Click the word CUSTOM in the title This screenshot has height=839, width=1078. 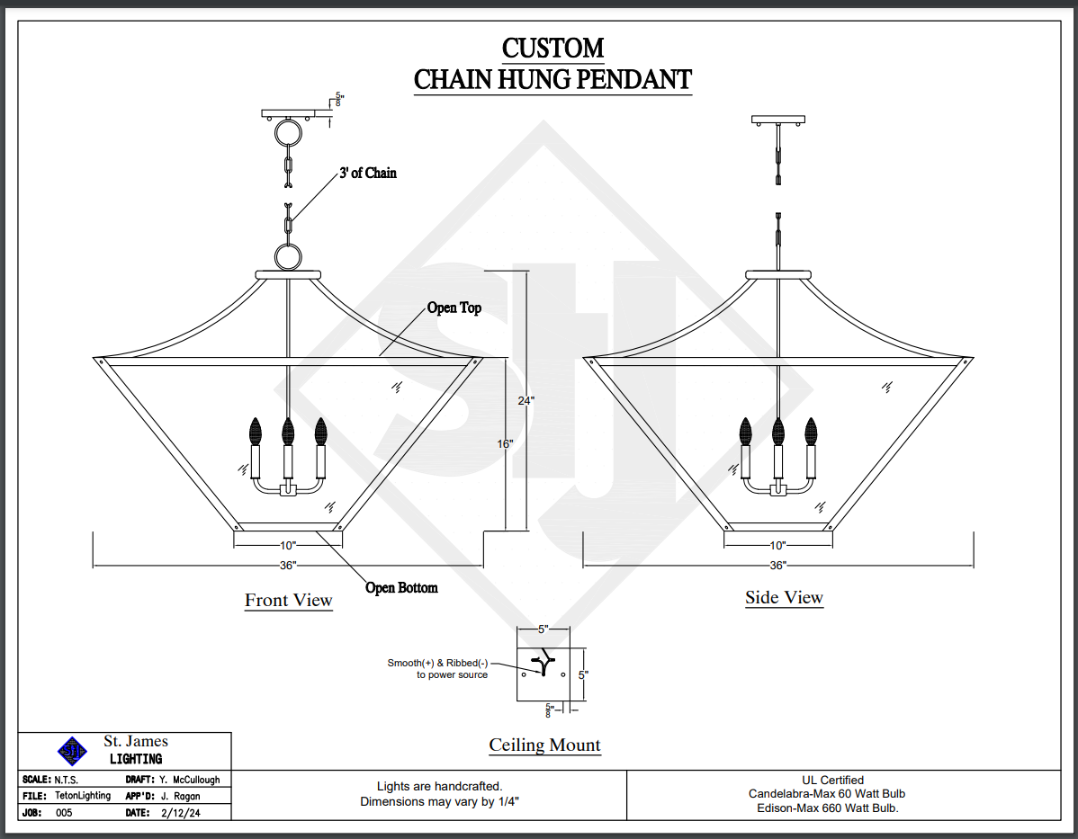pyautogui.click(x=552, y=48)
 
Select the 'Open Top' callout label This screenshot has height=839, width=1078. pyautogui.click(x=454, y=308)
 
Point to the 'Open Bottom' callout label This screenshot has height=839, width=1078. pyautogui.click(x=401, y=588)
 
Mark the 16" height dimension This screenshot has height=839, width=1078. pyautogui.click(x=504, y=444)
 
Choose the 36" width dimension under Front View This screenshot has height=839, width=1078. pyautogui.click(x=288, y=566)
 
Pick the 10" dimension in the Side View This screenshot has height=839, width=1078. pyautogui.click(x=777, y=546)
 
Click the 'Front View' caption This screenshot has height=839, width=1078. pyautogui.click(x=289, y=600)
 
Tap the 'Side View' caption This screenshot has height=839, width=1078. pyautogui.click(x=784, y=598)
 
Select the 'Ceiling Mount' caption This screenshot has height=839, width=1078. pyautogui.click(x=544, y=745)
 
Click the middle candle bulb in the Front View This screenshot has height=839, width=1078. pyautogui.click(x=288, y=431)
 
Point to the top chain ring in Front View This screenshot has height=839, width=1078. pyautogui.click(x=289, y=135)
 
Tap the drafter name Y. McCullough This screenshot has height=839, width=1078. pyautogui.click(x=189, y=780)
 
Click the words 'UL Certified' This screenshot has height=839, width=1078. pyautogui.click(x=832, y=781)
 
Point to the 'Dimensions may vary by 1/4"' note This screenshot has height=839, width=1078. pyautogui.click(x=439, y=801)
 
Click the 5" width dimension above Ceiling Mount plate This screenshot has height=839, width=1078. pyautogui.click(x=543, y=629)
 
